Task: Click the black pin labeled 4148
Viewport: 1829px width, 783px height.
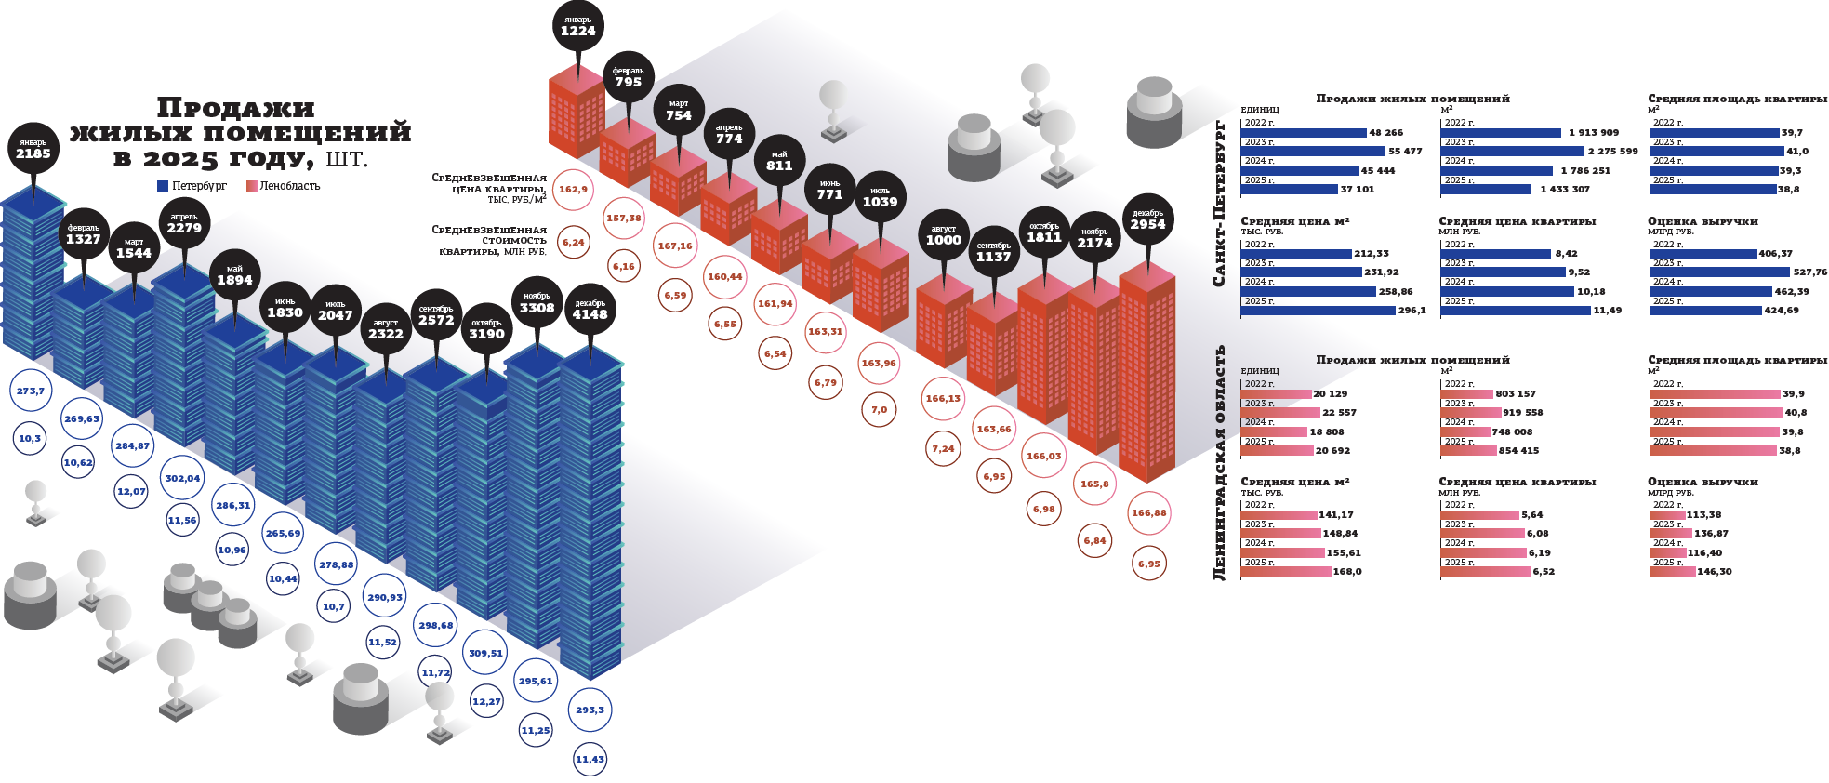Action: pyautogui.click(x=590, y=310)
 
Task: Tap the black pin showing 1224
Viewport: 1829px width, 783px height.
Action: pyautogui.click(x=577, y=26)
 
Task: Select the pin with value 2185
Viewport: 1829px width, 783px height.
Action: pyautogui.click(x=33, y=149)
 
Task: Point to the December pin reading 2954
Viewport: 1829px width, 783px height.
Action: pyautogui.click(x=1147, y=219)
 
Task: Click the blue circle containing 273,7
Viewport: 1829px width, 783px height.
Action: pyautogui.click(x=30, y=391)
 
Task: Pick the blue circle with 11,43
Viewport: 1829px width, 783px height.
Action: pyautogui.click(x=590, y=760)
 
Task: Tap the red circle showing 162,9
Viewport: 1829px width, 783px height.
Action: pyautogui.click(x=573, y=190)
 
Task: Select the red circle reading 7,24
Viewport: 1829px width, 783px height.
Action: pyautogui.click(x=943, y=448)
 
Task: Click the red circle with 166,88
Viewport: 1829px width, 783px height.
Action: pyautogui.click(x=1148, y=513)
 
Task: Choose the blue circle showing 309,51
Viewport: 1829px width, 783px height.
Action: pyautogui.click(x=485, y=654)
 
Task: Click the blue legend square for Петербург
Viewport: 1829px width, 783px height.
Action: pyautogui.click(x=163, y=186)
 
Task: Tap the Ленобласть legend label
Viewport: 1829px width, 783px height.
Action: pyautogui.click(x=289, y=186)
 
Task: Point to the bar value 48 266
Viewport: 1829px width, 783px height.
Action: pyautogui.click(x=1385, y=133)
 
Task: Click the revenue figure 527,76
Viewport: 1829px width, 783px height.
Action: pyautogui.click(x=1809, y=272)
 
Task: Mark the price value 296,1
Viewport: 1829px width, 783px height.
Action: pyautogui.click(x=1412, y=311)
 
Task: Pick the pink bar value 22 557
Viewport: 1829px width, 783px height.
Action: pyautogui.click(x=1339, y=413)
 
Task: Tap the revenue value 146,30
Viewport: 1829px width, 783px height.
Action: pyautogui.click(x=1715, y=572)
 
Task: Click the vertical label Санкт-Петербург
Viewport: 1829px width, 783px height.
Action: pyautogui.click(x=1219, y=203)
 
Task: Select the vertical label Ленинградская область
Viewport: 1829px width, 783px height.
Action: pyautogui.click(x=1219, y=463)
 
